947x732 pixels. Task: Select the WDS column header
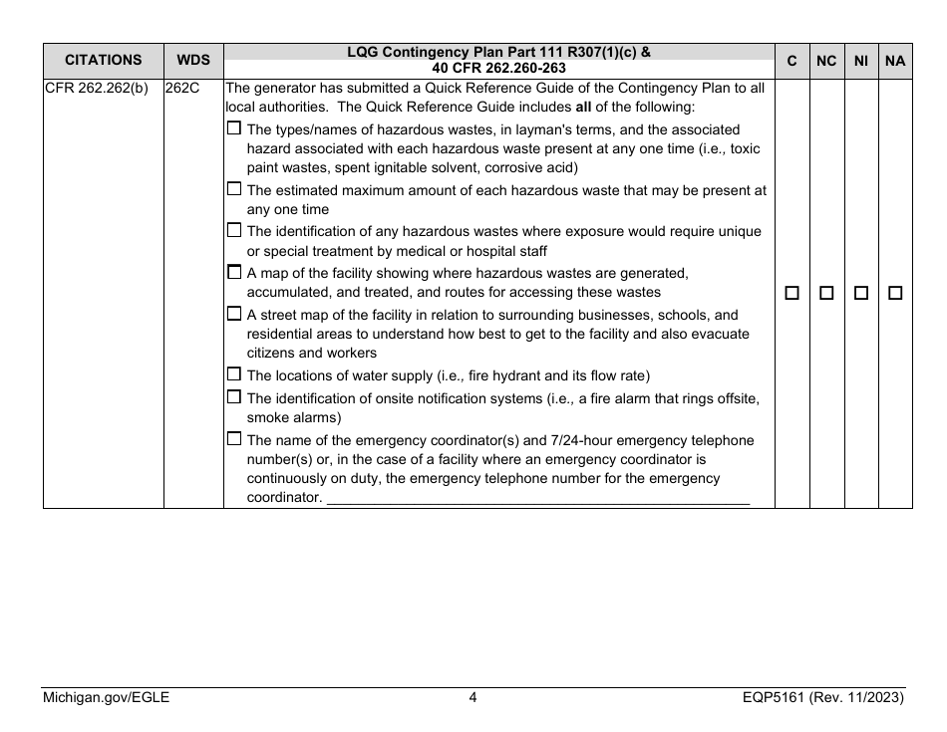(x=193, y=61)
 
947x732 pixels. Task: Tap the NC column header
(x=826, y=61)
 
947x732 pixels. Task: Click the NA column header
(x=895, y=61)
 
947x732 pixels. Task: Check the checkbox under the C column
(x=792, y=294)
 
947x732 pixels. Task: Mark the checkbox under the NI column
(x=861, y=294)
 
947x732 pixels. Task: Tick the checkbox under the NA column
(x=895, y=294)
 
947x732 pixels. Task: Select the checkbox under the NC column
(x=826, y=294)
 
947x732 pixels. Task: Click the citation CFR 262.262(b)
(x=96, y=88)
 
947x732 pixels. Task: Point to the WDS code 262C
(x=182, y=88)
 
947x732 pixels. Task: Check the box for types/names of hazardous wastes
(x=234, y=128)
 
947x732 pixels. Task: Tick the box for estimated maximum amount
(x=234, y=189)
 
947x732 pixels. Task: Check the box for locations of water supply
(x=234, y=374)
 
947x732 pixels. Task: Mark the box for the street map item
(x=234, y=314)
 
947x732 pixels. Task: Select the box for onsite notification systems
(x=234, y=397)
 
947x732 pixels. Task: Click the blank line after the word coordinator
(x=538, y=498)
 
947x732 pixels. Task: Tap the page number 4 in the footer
(x=473, y=698)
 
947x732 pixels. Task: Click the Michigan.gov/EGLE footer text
(x=106, y=698)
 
